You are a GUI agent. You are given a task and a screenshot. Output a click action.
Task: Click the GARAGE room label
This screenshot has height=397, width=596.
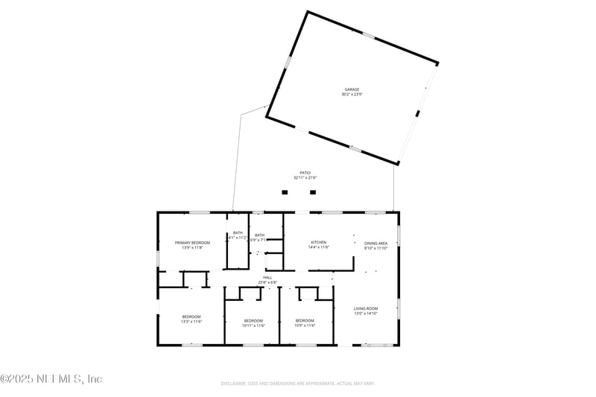(x=352, y=89)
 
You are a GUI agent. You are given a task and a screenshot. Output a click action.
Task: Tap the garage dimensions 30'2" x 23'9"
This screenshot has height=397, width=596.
(x=352, y=95)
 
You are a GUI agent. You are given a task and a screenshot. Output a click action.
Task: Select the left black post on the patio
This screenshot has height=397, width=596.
(x=285, y=192)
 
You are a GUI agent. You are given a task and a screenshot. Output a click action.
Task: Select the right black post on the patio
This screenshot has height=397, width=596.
(x=313, y=192)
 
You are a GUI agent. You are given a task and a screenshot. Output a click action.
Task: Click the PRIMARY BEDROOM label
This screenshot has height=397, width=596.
(x=192, y=243)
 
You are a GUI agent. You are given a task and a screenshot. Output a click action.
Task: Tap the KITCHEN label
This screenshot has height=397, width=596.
(x=318, y=243)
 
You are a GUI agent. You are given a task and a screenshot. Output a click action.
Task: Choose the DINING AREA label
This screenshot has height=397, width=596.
(x=375, y=243)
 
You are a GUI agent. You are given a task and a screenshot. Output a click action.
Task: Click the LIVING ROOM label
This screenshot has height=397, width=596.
(x=366, y=308)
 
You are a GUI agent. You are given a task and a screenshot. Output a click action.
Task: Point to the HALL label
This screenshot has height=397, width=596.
(x=267, y=278)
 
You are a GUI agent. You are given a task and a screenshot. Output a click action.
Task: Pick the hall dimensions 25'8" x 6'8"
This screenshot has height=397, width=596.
(x=267, y=283)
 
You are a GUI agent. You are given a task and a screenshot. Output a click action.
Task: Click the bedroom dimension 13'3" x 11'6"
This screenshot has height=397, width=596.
(x=191, y=323)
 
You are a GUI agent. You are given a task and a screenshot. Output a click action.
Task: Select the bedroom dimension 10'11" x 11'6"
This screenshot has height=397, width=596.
(x=254, y=325)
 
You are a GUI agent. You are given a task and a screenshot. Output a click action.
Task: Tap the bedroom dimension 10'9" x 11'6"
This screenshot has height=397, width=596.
(x=305, y=325)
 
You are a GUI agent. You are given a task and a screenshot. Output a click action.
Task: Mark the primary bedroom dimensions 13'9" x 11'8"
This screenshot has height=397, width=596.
(x=192, y=248)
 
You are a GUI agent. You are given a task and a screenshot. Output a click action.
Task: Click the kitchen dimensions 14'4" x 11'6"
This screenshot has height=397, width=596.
(x=318, y=248)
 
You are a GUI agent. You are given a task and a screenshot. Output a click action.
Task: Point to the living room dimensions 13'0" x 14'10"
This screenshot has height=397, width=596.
(x=366, y=314)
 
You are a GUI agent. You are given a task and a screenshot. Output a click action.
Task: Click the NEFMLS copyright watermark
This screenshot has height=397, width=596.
(x=51, y=378)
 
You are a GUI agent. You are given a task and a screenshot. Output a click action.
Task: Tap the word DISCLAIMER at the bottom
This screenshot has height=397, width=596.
(x=234, y=384)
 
